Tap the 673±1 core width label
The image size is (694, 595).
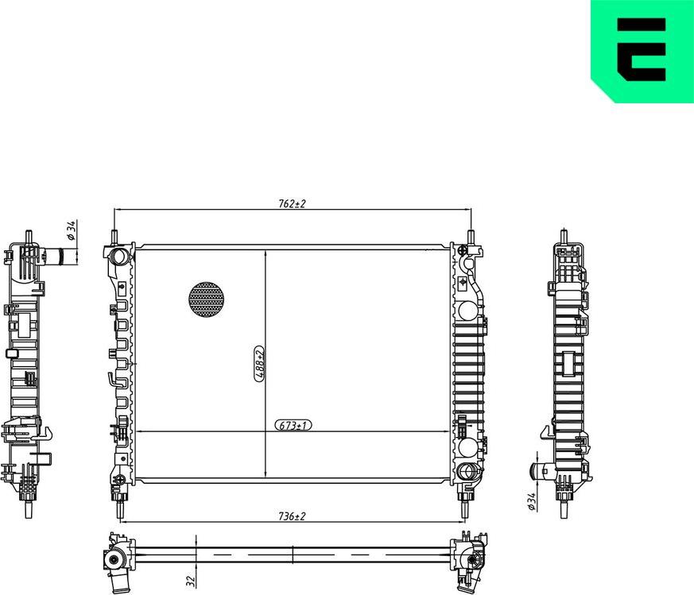[x=293, y=426]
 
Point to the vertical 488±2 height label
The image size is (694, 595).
[x=258, y=365]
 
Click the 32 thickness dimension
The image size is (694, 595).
[x=190, y=581]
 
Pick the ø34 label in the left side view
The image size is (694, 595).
[x=71, y=230]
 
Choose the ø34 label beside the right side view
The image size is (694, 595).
[x=531, y=500]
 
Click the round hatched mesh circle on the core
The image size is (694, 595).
[x=206, y=299]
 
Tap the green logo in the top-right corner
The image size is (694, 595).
[x=642, y=49]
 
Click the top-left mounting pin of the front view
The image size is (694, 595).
[x=115, y=238]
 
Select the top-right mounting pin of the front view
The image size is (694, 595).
[x=471, y=238]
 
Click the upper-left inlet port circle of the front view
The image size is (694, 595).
[x=119, y=257]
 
